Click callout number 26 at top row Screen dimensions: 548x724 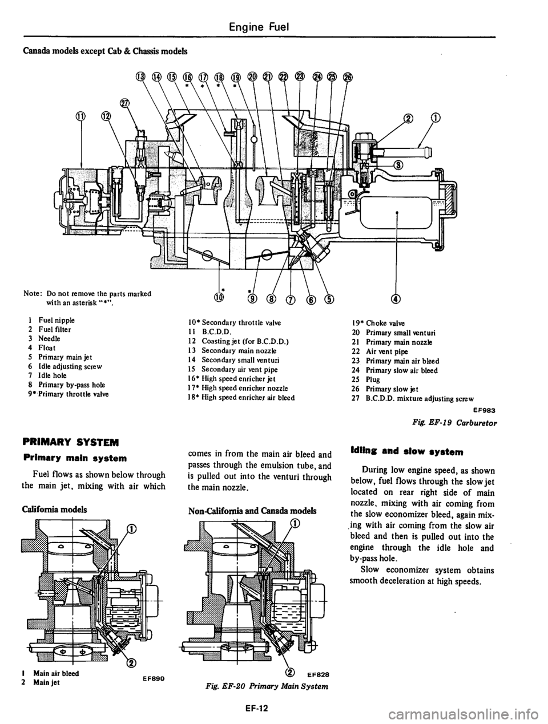(348, 78)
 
